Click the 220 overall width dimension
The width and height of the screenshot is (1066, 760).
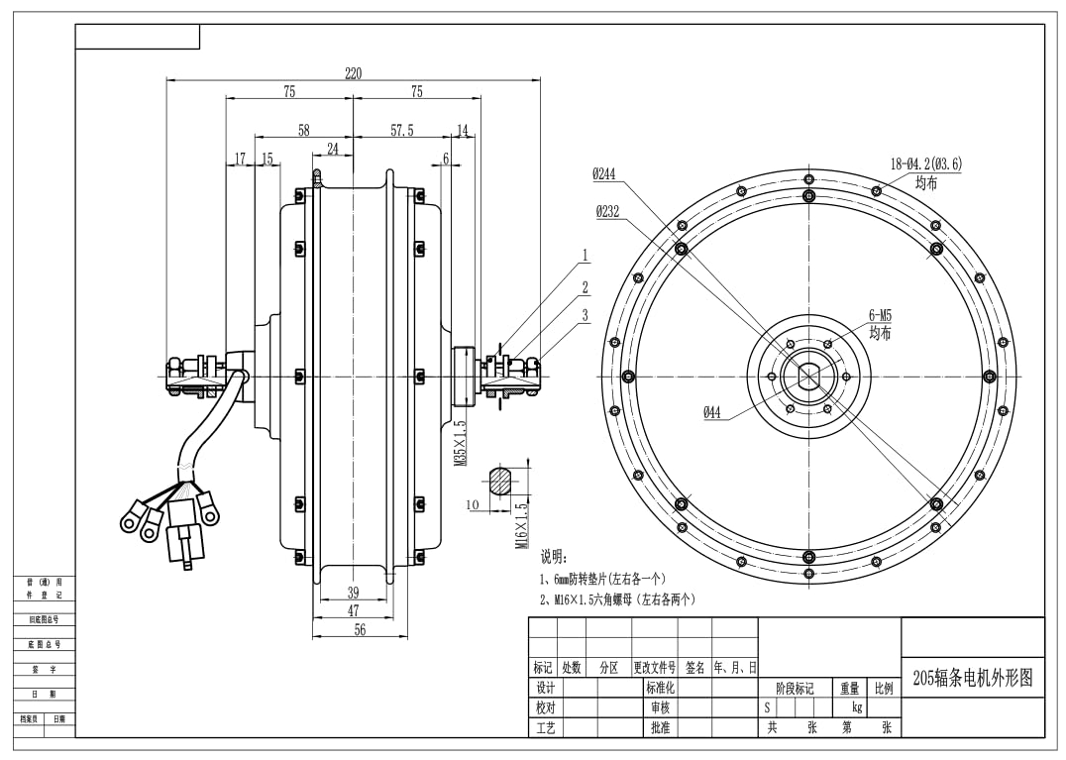(x=353, y=72)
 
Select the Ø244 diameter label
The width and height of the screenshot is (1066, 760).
(x=604, y=174)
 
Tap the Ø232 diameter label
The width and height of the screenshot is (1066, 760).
(x=607, y=211)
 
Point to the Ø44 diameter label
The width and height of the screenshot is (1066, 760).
(x=712, y=413)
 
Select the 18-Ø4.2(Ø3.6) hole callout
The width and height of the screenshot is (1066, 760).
(x=926, y=164)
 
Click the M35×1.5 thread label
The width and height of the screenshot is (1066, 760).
(x=461, y=443)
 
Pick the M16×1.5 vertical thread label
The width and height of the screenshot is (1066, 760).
(x=520, y=525)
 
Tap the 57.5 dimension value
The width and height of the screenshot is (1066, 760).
(x=402, y=130)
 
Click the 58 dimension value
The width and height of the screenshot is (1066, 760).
(x=303, y=130)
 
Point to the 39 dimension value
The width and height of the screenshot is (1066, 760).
(x=353, y=593)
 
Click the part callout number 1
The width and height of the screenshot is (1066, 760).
(x=586, y=256)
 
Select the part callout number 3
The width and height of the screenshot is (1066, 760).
(x=586, y=315)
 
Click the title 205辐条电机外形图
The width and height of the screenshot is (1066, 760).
(x=972, y=678)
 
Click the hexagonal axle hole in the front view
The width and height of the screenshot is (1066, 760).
(x=807, y=377)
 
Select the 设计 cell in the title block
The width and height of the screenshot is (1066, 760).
(x=545, y=688)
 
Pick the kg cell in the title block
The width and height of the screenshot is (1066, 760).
(x=857, y=707)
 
